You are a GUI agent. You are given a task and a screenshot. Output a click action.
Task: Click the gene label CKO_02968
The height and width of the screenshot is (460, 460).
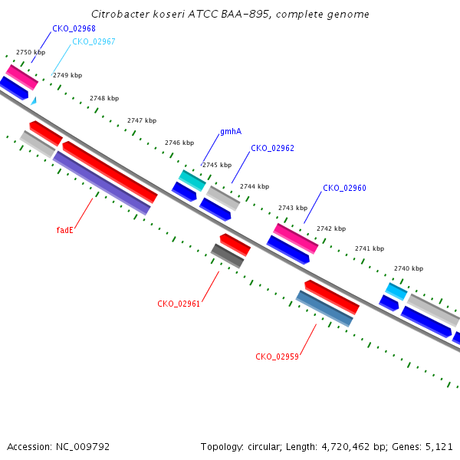pos(74,28)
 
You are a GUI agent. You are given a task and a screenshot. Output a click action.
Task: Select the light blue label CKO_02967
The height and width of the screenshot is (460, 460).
pos(94,41)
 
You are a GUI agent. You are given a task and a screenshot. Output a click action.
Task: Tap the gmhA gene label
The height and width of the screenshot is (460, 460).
pos(231,131)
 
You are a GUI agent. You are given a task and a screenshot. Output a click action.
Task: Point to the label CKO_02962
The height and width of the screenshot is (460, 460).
pos(272,148)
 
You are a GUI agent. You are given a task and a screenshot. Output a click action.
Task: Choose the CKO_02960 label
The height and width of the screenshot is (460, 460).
pos(344,188)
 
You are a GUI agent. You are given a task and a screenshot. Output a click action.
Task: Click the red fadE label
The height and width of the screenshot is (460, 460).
pos(64,230)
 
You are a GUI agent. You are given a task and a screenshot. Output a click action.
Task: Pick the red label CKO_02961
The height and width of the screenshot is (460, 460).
pos(179,304)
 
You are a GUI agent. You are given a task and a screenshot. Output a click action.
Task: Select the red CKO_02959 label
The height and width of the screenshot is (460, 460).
pos(277,356)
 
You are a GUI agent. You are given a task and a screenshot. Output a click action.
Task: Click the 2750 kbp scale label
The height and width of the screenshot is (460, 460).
pos(31,52)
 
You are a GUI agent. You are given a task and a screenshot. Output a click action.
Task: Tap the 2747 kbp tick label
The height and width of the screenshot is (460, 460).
pos(142,120)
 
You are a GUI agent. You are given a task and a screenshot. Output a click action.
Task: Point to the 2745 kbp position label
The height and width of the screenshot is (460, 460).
pos(217,165)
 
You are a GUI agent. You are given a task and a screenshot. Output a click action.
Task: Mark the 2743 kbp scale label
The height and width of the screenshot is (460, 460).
pos(293,208)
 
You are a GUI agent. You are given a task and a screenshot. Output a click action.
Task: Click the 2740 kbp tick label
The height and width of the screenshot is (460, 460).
pos(409,268)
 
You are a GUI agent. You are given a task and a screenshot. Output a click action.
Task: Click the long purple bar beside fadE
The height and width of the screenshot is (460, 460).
pos(102,183)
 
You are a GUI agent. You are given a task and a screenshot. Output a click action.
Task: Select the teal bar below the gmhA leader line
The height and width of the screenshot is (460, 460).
pos(192,180)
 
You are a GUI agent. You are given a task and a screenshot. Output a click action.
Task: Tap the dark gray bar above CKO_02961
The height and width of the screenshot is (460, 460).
pos(228,256)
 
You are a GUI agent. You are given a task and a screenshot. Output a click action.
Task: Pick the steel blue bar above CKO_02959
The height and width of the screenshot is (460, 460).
pos(324,308)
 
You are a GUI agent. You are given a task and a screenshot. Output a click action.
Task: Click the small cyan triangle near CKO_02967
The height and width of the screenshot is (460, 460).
pos(34,101)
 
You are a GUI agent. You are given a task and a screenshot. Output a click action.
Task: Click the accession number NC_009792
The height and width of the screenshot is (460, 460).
pos(83,447)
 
